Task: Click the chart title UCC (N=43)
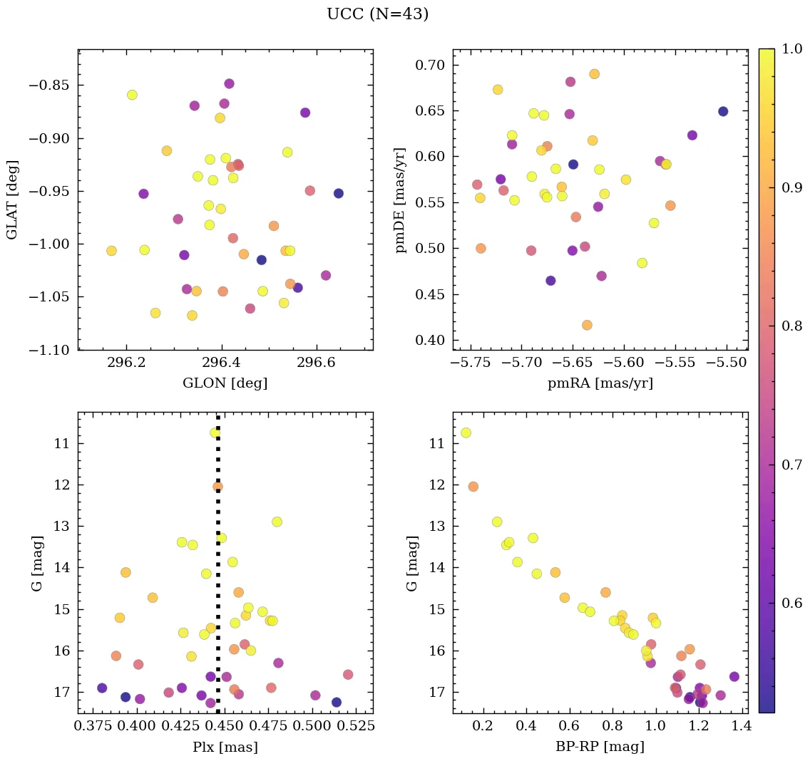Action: click(377, 14)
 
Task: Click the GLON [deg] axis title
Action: click(225, 383)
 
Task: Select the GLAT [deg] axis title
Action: click(12, 200)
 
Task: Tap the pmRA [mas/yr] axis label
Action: click(600, 383)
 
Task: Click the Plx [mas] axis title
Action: click(225, 747)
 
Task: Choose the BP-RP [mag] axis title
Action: click(600, 747)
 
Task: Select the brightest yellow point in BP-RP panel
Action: click(466, 433)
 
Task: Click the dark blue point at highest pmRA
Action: click(723, 111)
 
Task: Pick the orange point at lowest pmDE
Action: click(587, 325)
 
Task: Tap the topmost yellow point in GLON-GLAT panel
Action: click(132, 95)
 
